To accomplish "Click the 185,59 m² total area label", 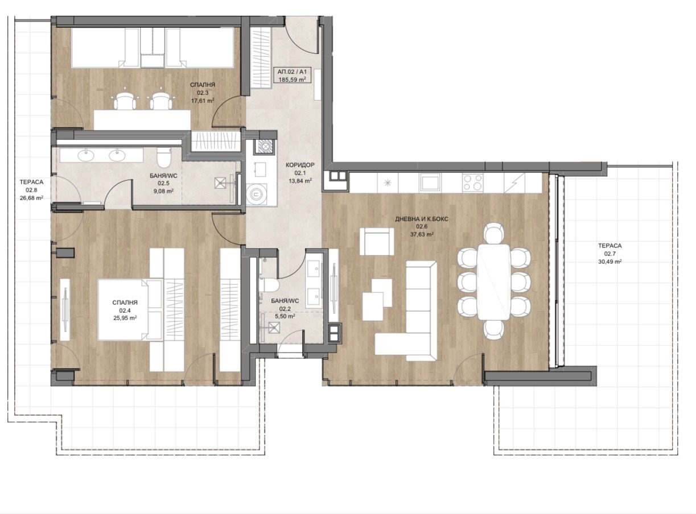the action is [292, 80].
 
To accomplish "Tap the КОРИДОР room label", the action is [300, 165].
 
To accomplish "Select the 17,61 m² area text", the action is [203, 101].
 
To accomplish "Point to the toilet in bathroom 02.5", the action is [164, 157].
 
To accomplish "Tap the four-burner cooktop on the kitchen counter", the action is [472, 183].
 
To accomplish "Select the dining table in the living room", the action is [494, 282].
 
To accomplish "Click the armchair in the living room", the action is [377, 241].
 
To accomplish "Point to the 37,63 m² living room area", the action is [422, 234].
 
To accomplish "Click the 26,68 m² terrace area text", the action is [31, 198].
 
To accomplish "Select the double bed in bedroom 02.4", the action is [130, 310].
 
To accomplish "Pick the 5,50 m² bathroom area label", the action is [285, 317].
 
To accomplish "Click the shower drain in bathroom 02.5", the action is [221, 183].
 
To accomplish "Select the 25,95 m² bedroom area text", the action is [125, 318].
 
